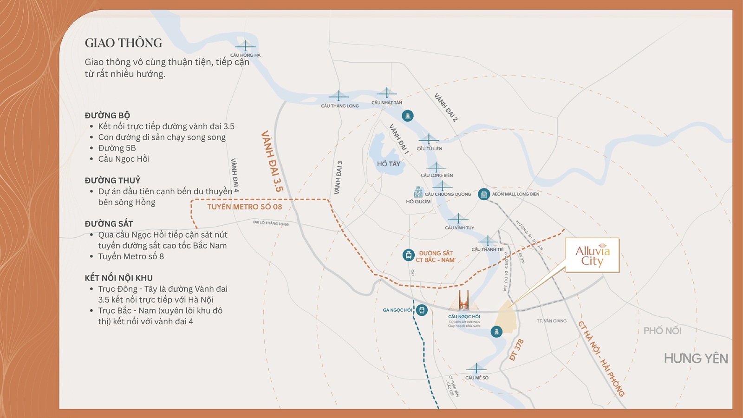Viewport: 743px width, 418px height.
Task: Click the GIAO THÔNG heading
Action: [123, 43]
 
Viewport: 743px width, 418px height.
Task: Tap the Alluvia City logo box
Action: [592, 255]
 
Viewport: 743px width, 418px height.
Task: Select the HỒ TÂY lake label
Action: [388, 164]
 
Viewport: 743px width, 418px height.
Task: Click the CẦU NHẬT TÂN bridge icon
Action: [386, 93]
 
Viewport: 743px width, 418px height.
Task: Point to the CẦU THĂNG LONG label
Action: [339, 106]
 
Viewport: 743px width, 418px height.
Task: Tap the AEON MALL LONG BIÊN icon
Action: [484, 194]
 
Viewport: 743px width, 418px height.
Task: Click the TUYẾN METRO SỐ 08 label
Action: [244, 207]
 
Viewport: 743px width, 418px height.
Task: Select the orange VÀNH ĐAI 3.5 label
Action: [272, 161]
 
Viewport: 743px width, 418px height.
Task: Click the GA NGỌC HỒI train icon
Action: [421, 310]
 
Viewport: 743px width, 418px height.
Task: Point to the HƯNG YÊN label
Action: [695, 359]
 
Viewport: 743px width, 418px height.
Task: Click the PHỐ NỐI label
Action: [662, 331]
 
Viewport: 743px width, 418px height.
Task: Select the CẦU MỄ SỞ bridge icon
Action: [476, 369]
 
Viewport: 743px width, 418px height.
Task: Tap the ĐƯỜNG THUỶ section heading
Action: [112, 180]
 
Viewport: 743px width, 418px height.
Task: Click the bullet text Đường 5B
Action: [117, 148]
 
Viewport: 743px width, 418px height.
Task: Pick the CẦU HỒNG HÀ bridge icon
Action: [245, 46]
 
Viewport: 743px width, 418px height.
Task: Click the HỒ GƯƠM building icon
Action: [418, 192]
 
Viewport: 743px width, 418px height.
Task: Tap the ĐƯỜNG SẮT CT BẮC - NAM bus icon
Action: [408, 255]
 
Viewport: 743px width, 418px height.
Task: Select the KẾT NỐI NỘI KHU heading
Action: [118, 278]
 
